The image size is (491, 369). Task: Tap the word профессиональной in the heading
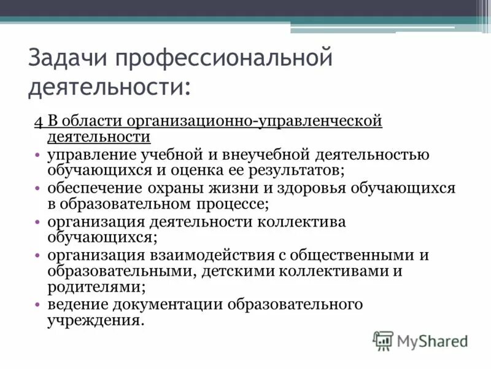223,59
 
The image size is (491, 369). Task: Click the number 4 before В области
37,121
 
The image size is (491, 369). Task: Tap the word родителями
96,285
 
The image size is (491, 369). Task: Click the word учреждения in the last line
95,320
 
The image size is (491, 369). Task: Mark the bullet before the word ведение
38,305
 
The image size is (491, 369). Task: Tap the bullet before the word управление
38,155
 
